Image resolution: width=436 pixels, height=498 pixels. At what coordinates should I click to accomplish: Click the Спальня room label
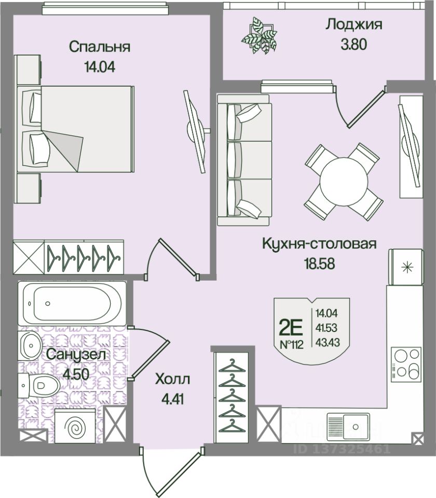tap(100, 47)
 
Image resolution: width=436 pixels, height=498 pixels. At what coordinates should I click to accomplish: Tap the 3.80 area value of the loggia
tap(353, 44)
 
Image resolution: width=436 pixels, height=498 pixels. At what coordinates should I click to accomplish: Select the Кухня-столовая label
tap(318, 244)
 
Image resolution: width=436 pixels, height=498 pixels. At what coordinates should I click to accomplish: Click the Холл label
tap(173, 379)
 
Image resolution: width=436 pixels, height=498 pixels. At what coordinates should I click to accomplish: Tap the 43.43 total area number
tap(325, 342)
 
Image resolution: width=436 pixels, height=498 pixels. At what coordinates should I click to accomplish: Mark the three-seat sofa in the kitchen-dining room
tap(244, 160)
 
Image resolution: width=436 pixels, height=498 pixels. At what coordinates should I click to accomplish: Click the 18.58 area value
tap(319, 262)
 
